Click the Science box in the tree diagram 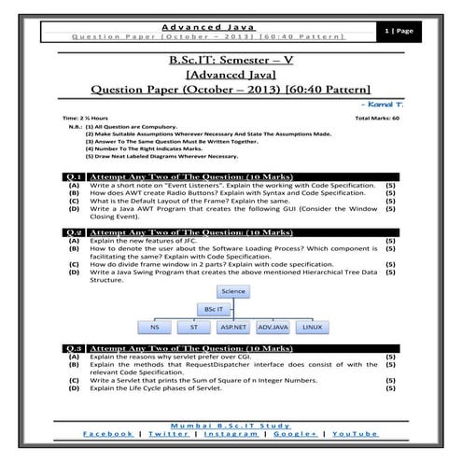(x=233, y=290)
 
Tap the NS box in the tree (x=155, y=327)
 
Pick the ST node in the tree (x=193, y=327)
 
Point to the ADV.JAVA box (x=273, y=327)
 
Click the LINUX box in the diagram (x=314, y=327)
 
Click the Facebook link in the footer (x=107, y=434)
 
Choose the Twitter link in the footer (x=168, y=434)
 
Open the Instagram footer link (x=231, y=434)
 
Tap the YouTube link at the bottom (x=356, y=434)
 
